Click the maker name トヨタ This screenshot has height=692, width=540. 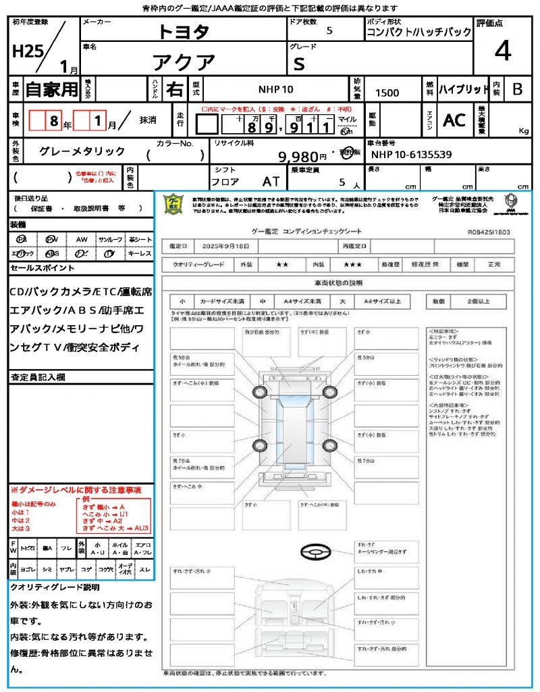tap(184, 31)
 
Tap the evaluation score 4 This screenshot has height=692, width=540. tap(502, 51)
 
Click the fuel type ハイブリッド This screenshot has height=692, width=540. tap(464, 89)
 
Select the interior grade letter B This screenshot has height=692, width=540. tap(517, 89)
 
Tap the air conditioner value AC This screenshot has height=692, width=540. tap(454, 120)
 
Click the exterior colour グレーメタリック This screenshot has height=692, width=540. tap(82, 151)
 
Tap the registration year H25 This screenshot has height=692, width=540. tap(26, 53)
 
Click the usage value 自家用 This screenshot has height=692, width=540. tap(52, 89)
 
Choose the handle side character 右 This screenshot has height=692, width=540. tap(174, 89)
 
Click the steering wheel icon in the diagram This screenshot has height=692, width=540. tap(314, 552)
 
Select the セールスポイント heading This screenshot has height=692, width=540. tap(43, 268)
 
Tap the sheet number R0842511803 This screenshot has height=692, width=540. tap(488, 232)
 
